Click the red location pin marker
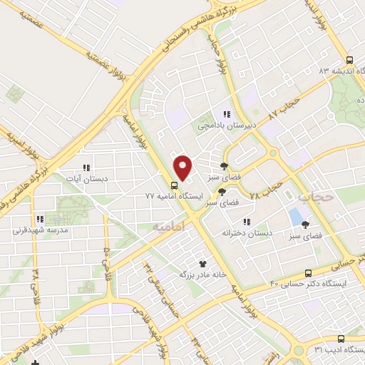(x=183, y=168)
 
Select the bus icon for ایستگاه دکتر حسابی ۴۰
(x=308, y=273)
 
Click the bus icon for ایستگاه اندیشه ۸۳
(x=349, y=61)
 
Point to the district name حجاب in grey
(x=313, y=195)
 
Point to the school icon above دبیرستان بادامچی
(x=227, y=114)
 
